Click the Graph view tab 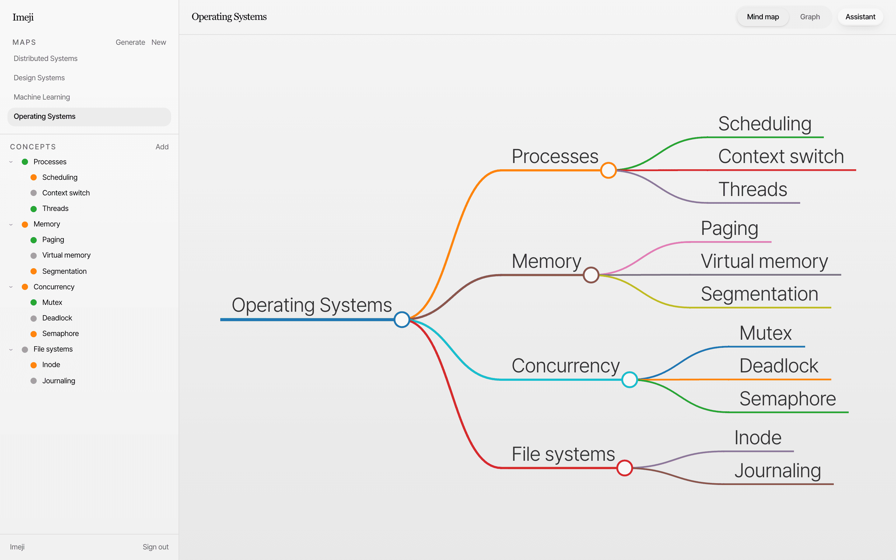[x=810, y=17]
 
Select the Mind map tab [x=763, y=17]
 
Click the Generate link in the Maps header [x=130, y=42]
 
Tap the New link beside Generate [x=158, y=42]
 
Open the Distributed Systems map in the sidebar [x=45, y=58]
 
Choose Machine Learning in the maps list [x=42, y=97]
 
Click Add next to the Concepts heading [x=162, y=147]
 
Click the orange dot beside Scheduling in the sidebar [x=34, y=177]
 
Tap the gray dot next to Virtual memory [x=34, y=255]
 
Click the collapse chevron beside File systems [x=11, y=349]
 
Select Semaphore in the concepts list [x=60, y=334]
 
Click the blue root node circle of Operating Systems [x=402, y=320]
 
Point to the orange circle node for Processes [x=608, y=170]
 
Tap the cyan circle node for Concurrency [x=629, y=380]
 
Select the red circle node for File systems [x=625, y=468]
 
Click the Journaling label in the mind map [x=778, y=471]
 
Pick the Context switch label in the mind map [x=781, y=156]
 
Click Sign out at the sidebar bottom [x=156, y=547]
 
